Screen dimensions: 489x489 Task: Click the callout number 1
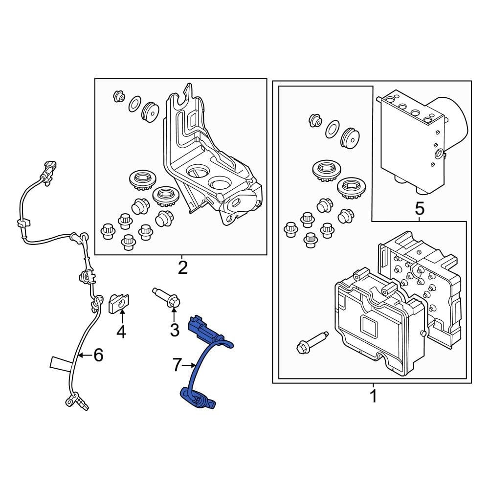(x=373, y=396)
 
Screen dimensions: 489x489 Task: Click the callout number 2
(x=182, y=267)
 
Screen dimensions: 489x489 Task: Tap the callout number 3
(x=175, y=331)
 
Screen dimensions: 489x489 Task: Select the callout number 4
(x=121, y=332)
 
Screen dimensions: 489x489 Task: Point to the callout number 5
(x=419, y=209)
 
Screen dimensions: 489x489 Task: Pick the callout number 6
(x=98, y=356)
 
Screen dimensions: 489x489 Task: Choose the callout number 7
(x=177, y=364)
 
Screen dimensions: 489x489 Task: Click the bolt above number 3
(x=167, y=298)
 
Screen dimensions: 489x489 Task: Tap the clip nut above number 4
(x=118, y=303)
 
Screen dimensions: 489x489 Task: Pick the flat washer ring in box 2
(x=134, y=104)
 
